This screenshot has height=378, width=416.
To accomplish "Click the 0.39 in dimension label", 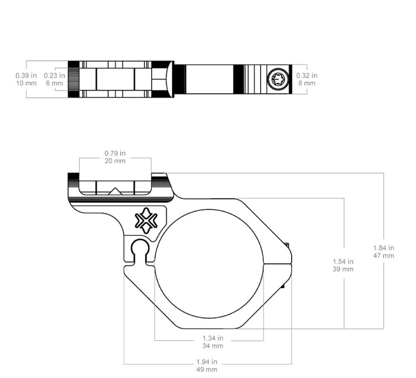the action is (x=26, y=75).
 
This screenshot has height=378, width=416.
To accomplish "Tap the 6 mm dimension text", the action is (x=54, y=83).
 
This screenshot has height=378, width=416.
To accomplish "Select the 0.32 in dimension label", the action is (x=307, y=75).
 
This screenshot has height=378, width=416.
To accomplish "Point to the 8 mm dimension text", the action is (x=307, y=83).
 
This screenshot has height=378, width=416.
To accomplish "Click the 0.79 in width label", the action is (x=115, y=153).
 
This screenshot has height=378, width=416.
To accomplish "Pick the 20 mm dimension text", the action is (x=115, y=161).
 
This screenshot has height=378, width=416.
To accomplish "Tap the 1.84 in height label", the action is (x=384, y=248).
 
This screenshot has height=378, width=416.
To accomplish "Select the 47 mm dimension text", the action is (x=384, y=256).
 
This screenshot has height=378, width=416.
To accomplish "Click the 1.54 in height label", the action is (x=343, y=261).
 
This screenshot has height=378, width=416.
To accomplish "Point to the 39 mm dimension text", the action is (x=343, y=269).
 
